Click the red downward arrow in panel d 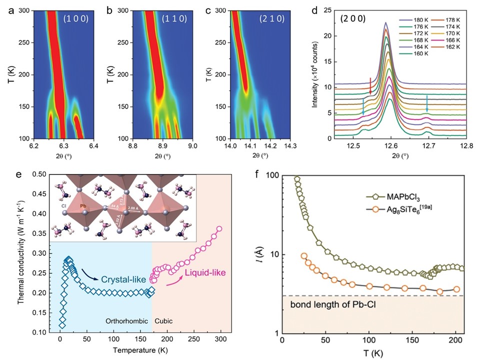pos(370,86)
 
